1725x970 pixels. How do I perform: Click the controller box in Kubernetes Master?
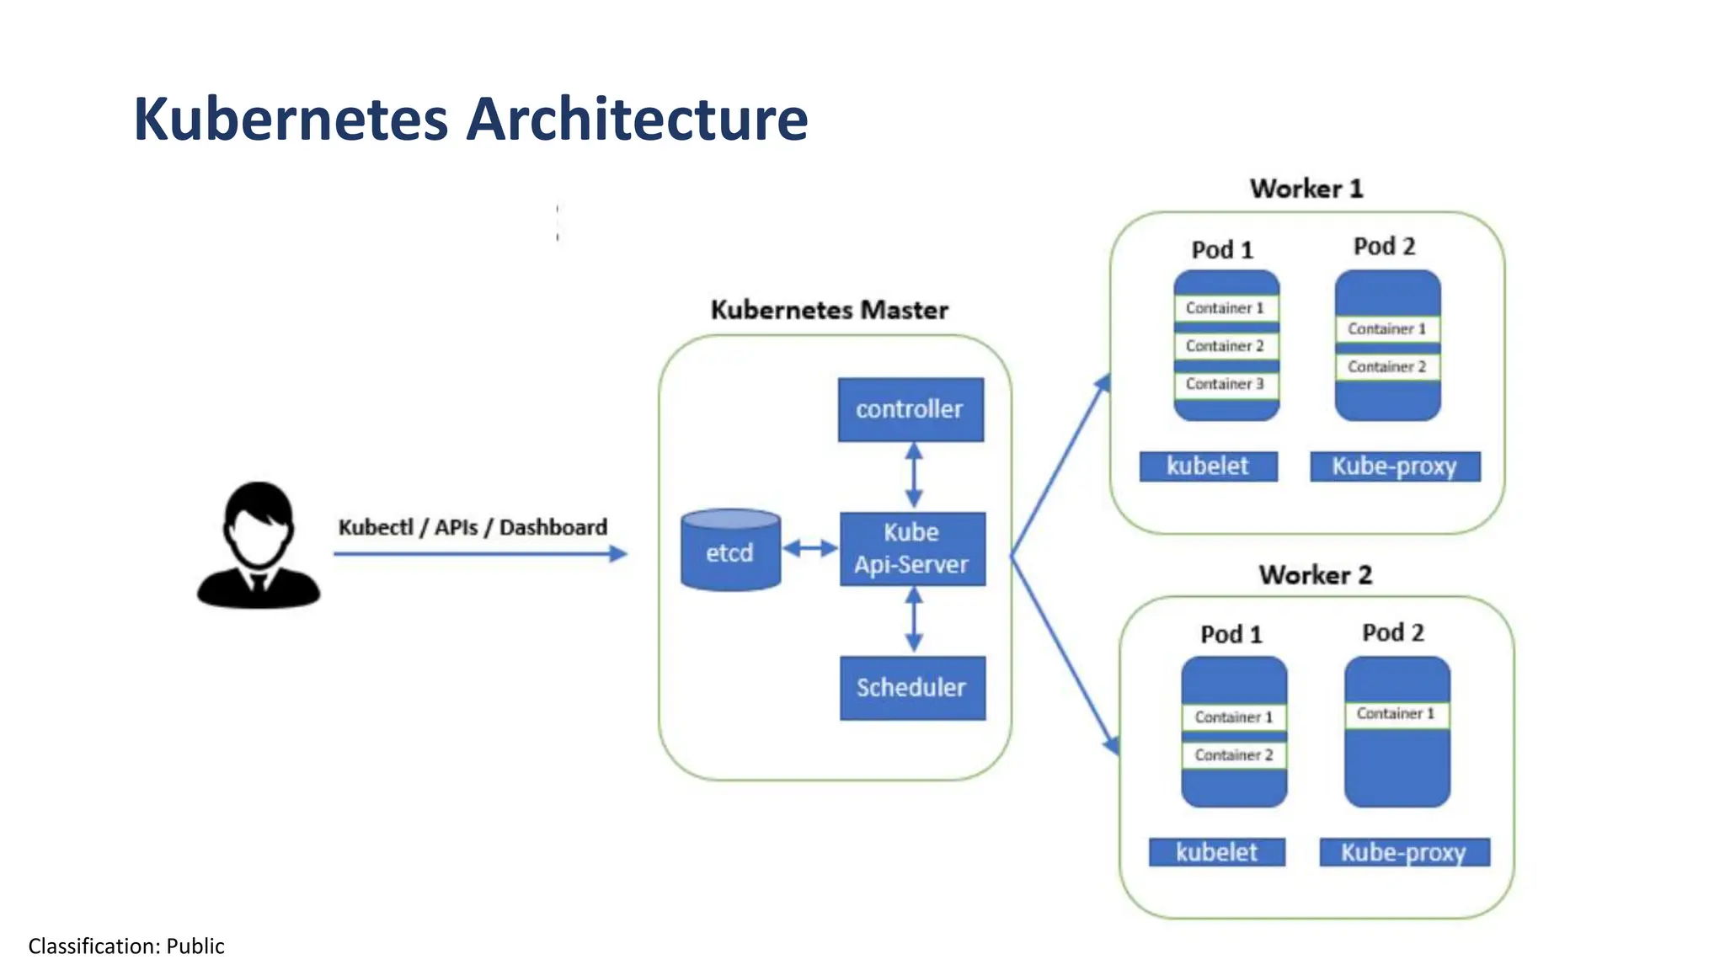point(911,409)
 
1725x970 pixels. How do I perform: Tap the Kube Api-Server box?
point(912,548)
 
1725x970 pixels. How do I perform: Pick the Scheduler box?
point(912,687)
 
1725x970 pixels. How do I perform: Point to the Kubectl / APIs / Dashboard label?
point(473,527)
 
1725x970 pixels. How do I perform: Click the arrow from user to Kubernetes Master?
point(480,553)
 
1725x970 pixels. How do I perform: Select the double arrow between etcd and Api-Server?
point(809,549)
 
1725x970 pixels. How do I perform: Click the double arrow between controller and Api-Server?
point(914,476)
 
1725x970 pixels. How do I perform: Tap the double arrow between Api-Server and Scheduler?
point(914,620)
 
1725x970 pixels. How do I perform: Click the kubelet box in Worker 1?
point(1208,466)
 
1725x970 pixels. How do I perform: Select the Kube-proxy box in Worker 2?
point(1404,852)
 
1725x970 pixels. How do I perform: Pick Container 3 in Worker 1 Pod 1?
point(1226,384)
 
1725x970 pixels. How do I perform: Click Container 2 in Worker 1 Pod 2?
point(1387,367)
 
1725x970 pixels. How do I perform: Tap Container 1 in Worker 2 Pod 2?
point(1396,714)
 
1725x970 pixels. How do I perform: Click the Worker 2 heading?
point(1316,575)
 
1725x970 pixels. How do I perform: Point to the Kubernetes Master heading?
point(830,310)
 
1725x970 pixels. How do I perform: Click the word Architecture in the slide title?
point(637,119)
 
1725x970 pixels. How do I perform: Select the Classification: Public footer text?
point(126,946)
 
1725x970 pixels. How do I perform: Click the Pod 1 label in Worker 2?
point(1231,634)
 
